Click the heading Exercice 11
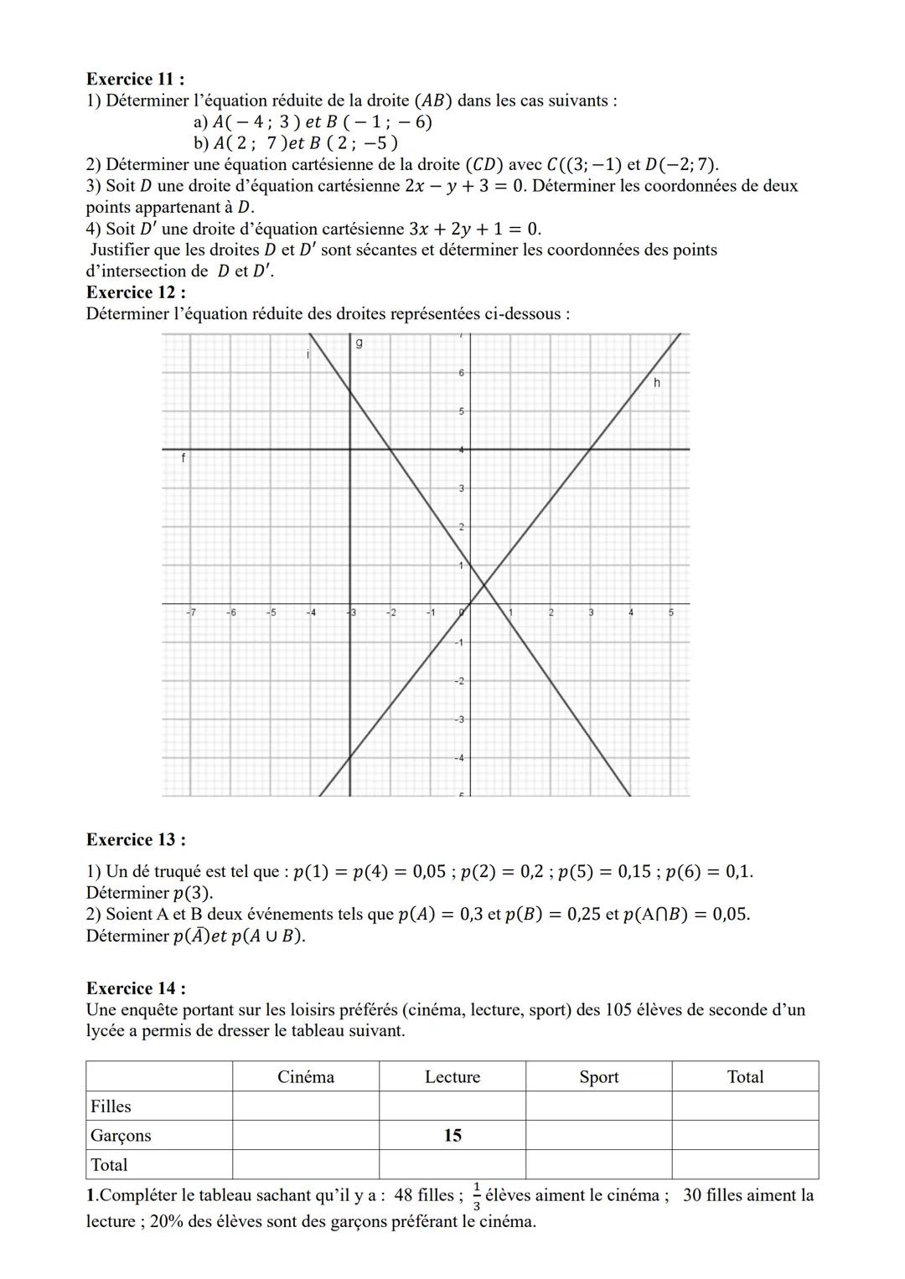[x=135, y=79]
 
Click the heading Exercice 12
[x=135, y=292]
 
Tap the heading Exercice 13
[x=135, y=839]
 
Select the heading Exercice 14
[x=135, y=988]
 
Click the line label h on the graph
[x=657, y=383]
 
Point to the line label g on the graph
[x=359, y=343]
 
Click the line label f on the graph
[x=184, y=458]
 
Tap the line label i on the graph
[x=308, y=355]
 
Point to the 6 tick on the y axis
[x=461, y=372]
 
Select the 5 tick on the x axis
[x=670, y=613]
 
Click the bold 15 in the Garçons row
[x=452, y=1136]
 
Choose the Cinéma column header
[x=306, y=1077]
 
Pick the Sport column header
[x=598, y=1077]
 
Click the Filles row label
[x=111, y=1106]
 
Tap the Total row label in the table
[x=109, y=1165]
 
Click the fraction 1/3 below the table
[x=476, y=1196]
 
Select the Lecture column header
[x=452, y=1077]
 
